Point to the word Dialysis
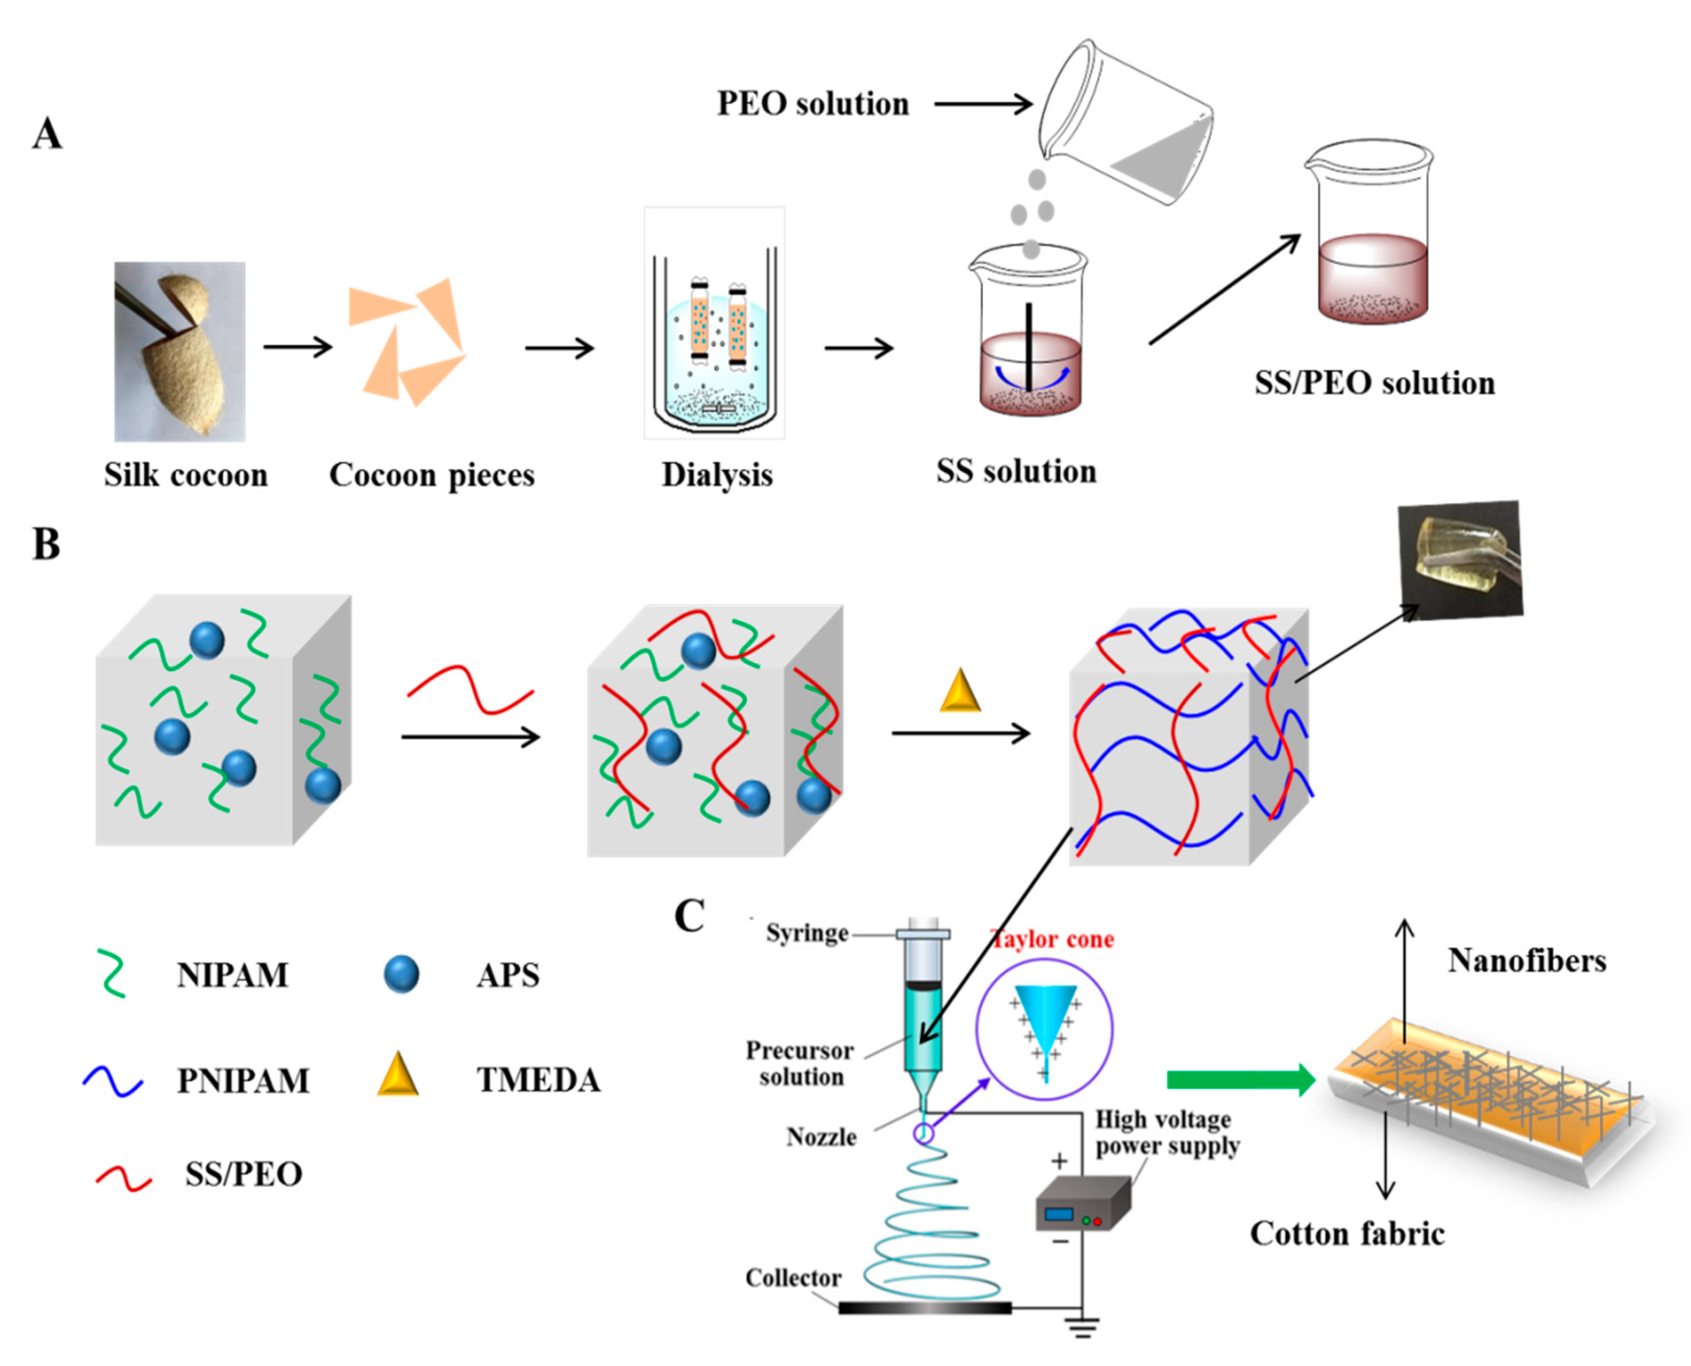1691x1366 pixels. pyautogui.click(x=716, y=474)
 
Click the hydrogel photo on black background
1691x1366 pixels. pyautogui.click(x=1460, y=559)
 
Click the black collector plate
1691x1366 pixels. pyautogui.click(x=925, y=1308)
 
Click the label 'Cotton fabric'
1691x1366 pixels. pyautogui.click(x=1347, y=1233)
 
